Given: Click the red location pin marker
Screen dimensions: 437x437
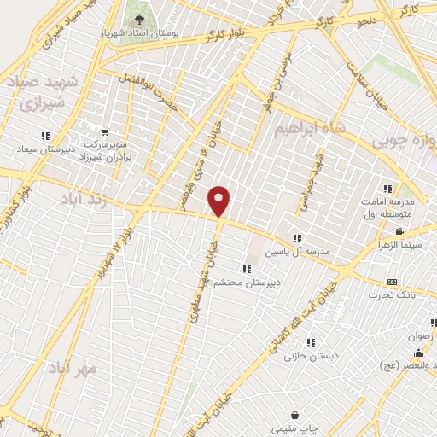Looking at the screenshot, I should pos(220,201).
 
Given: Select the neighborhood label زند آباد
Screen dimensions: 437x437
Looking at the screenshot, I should pos(85,198).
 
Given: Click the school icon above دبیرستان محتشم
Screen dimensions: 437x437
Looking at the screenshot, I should pos(246,270).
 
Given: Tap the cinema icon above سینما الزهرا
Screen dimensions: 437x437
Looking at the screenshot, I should pos(399,231).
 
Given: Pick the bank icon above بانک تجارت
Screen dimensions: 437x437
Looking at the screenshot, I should pos(392,282).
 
